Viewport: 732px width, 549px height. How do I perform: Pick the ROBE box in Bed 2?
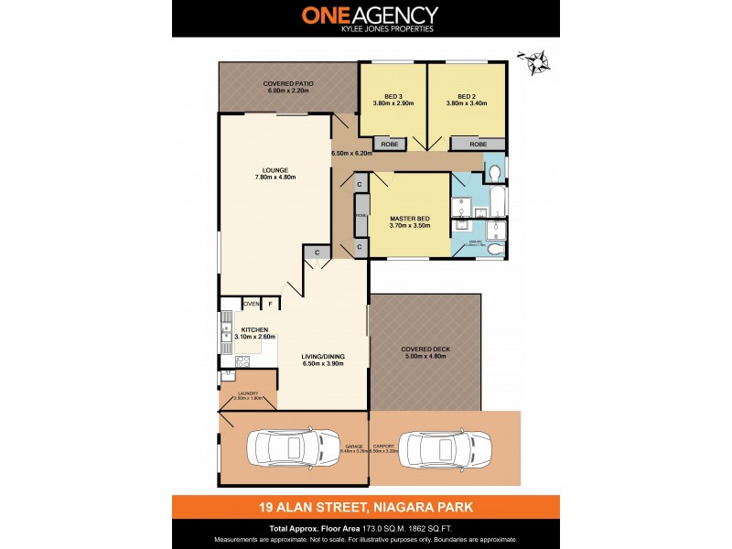pos(478,145)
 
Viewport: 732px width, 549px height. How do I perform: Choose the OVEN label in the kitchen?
pos(251,303)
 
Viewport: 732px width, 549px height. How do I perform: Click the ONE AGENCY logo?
pos(370,18)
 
